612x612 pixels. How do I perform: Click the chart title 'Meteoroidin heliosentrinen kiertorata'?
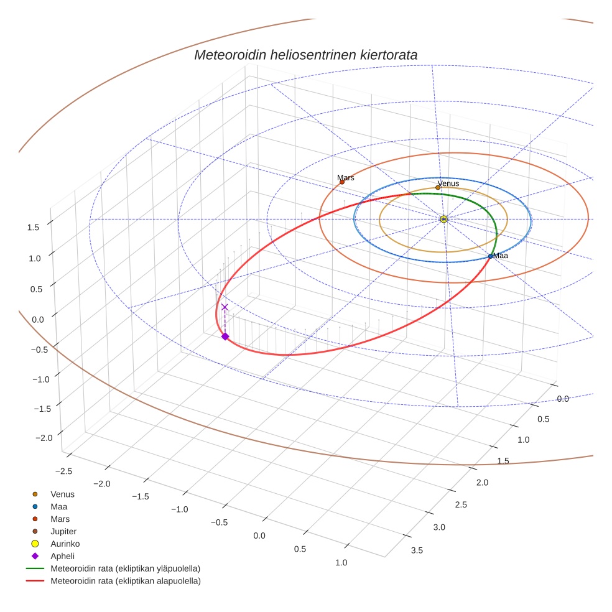click(305, 55)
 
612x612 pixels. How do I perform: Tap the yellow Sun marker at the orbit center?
click(443, 219)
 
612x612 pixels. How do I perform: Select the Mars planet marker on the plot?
click(342, 182)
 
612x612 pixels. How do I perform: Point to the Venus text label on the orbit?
click(448, 183)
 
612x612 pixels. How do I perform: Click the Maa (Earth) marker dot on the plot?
click(491, 256)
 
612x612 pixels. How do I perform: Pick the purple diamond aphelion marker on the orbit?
click(225, 336)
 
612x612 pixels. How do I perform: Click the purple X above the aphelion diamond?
click(225, 307)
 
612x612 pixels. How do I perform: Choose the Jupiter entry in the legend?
click(63, 531)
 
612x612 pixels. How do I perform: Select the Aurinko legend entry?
click(65, 544)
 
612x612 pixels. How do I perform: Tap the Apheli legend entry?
click(62, 556)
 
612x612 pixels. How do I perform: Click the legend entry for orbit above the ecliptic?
click(125, 568)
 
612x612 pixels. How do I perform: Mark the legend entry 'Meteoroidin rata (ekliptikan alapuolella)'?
click(125, 581)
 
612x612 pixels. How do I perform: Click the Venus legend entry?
click(62, 494)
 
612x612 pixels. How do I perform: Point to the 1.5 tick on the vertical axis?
click(33, 227)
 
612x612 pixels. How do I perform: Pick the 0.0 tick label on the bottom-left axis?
click(259, 535)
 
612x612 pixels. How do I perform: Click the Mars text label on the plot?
click(346, 177)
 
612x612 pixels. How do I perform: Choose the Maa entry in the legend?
click(58, 506)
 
